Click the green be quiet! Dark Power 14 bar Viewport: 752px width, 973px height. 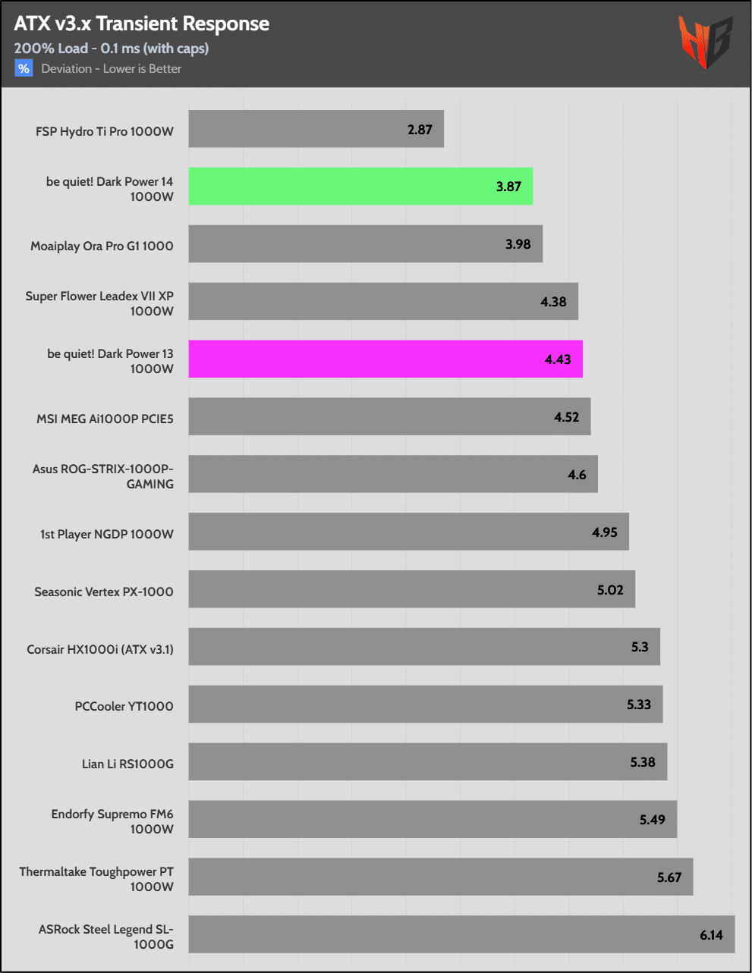(x=360, y=187)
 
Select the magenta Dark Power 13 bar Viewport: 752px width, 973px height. (x=385, y=359)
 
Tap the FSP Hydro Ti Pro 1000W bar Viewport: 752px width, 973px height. (x=316, y=129)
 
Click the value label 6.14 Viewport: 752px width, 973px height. (x=711, y=935)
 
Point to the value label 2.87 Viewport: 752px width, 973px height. (x=420, y=130)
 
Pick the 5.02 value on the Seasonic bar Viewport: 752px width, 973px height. (x=610, y=590)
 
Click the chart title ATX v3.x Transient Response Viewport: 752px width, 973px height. (x=142, y=24)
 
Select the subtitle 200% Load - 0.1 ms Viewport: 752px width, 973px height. (x=112, y=49)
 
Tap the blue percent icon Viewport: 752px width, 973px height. (x=24, y=69)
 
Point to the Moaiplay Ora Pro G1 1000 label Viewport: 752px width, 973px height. (x=102, y=246)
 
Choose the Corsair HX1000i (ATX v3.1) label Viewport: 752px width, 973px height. (x=100, y=650)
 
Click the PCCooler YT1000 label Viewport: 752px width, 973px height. (x=124, y=707)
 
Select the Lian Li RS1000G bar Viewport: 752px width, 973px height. (x=427, y=761)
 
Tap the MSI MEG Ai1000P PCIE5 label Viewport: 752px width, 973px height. (x=105, y=419)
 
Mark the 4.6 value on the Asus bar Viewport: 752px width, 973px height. (x=577, y=475)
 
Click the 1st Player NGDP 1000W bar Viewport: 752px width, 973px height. (x=408, y=532)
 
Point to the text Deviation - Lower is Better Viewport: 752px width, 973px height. (x=112, y=69)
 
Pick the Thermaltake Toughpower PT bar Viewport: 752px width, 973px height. (x=440, y=877)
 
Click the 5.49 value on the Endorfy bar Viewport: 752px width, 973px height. (x=652, y=820)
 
